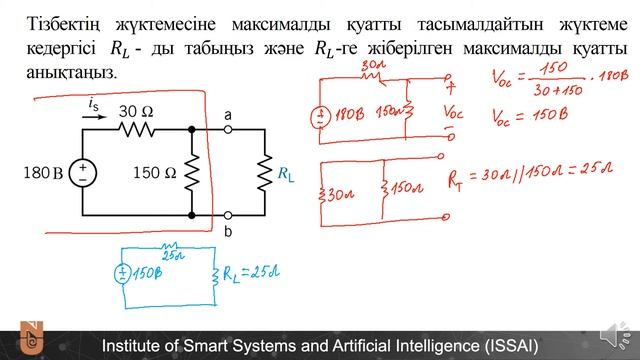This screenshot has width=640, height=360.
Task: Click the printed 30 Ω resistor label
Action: point(137,111)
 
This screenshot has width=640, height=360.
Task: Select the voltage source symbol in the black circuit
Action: point(82,172)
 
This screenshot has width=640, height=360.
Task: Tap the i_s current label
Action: point(93,102)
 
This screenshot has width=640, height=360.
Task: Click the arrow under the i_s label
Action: point(93,116)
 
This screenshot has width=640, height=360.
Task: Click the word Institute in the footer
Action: point(135,346)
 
